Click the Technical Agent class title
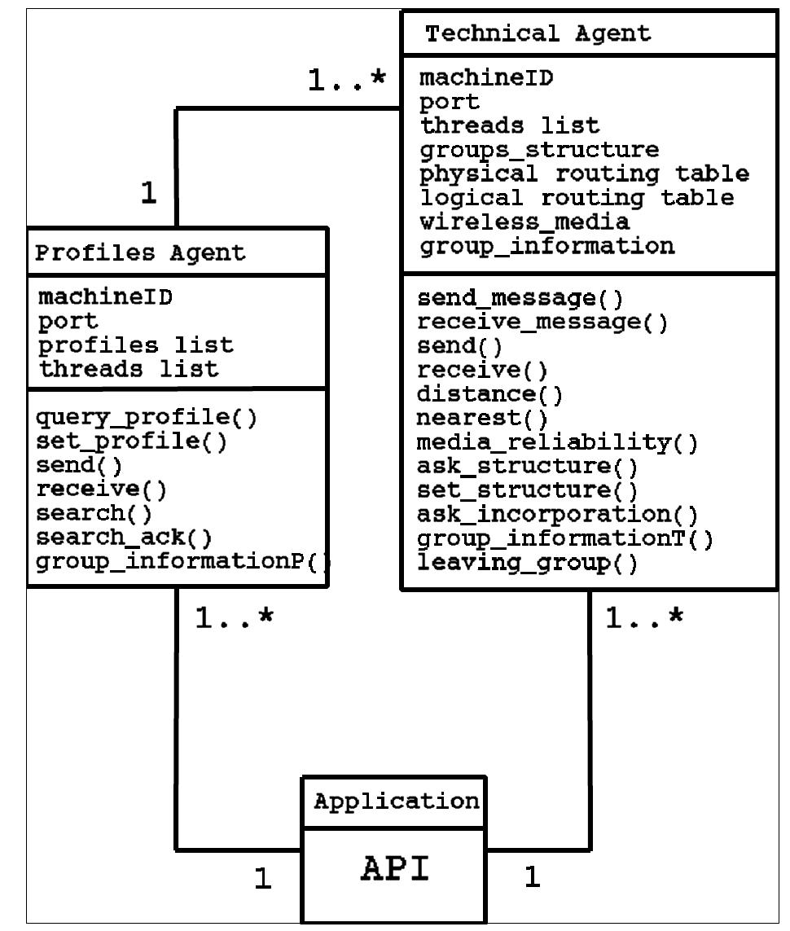pyautogui.click(x=538, y=33)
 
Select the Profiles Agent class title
pyautogui.click(x=139, y=253)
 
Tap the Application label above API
pyautogui.click(x=397, y=801)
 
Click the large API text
pyautogui.click(x=394, y=869)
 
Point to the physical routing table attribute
pyautogui.click(x=584, y=174)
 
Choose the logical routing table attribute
pyautogui.click(x=577, y=198)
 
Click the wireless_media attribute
pyautogui.click(x=524, y=222)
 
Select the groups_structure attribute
pyautogui.click(x=539, y=151)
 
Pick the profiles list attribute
pyautogui.click(x=136, y=345)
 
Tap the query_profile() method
pyautogui.click(x=147, y=417)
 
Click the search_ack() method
pyautogui.click(x=125, y=538)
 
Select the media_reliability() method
pyautogui.click(x=557, y=442)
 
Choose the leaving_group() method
pyautogui.click(x=527, y=563)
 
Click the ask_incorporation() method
pyautogui.click(x=557, y=515)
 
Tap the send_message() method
pyautogui.click(x=520, y=298)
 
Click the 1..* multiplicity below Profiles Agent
pyautogui.click(x=234, y=618)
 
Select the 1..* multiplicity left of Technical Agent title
pyautogui.click(x=346, y=80)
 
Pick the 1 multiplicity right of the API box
pyautogui.click(x=532, y=877)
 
